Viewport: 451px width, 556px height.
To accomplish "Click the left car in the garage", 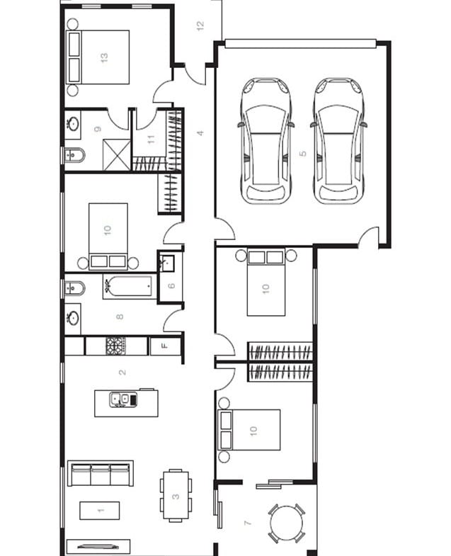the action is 266,140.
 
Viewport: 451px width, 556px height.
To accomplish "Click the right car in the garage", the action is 338,140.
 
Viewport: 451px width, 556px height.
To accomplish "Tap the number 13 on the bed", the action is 104,57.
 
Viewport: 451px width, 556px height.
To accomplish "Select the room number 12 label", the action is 200,25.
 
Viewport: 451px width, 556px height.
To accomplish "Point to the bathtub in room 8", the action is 130,286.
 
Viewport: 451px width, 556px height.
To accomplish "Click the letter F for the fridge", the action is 165,346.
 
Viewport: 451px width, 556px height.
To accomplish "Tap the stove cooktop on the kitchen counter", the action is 115,346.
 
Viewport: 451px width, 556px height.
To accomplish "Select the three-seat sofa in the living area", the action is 101,473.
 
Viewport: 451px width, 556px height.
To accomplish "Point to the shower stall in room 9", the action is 117,154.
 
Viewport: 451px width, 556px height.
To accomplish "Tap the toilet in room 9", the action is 75,155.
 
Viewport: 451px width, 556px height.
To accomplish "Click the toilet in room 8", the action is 75,288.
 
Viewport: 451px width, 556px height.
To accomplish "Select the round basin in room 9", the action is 74,124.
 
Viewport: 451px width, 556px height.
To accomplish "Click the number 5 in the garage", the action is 302,154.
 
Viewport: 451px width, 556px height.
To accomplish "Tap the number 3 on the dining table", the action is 176,497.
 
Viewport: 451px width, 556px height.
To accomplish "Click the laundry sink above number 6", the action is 166,262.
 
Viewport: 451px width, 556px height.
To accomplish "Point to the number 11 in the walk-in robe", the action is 152,140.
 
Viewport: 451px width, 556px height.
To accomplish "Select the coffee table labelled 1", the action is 100,510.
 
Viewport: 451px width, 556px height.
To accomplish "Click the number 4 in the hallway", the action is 200,133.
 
